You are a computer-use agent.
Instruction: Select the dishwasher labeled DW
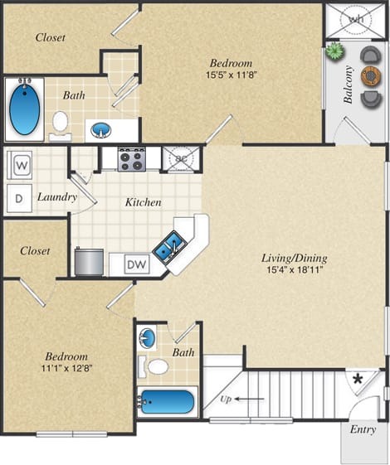[136, 265]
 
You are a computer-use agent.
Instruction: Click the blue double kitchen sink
[172, 245]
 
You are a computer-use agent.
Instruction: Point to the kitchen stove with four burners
[130, 158]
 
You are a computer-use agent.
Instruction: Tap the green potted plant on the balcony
[334, 51]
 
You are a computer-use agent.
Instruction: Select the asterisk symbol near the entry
[358, 380]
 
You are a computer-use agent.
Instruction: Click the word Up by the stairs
[227, 399]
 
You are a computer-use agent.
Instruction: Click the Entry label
[363, 429]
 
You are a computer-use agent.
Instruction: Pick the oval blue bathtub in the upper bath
[25, 109]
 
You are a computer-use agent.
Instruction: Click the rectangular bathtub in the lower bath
[167, 404]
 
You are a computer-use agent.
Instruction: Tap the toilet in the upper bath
[59, 123]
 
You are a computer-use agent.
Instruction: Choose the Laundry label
[56, 197]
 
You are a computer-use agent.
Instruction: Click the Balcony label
[348, 85]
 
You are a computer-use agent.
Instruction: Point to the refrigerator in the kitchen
[89, 260]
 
